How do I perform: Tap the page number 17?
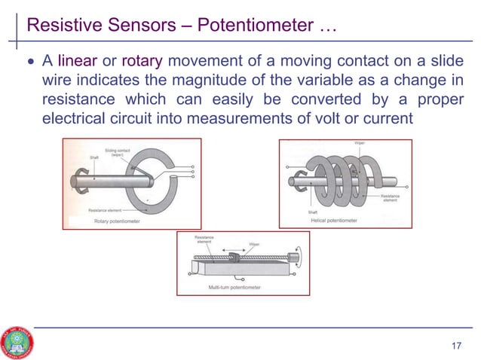pyautogui.click(x=455, y=346)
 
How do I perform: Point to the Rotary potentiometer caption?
pyautogui.click(x=117, y=221)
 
